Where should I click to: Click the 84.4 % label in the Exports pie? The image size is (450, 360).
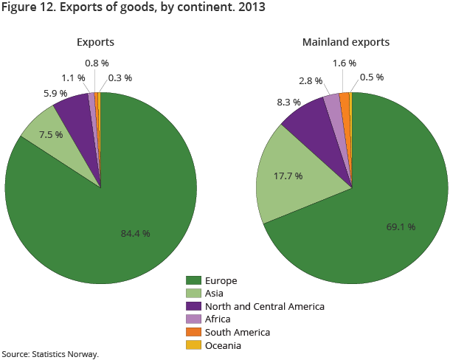(x=135, y=233)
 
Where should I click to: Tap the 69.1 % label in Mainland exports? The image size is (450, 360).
(x=401, y=226)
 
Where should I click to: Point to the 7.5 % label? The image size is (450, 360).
(x=50, y=134)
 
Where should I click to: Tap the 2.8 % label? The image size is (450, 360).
(x=311, y=79)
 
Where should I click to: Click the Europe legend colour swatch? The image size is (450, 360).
(x=194, y=280)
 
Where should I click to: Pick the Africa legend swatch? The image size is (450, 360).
(x=194, y=319)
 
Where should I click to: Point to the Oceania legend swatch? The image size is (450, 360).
(x=194, y=345)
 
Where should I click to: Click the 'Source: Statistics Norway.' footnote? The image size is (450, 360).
(x=50, y=354)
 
